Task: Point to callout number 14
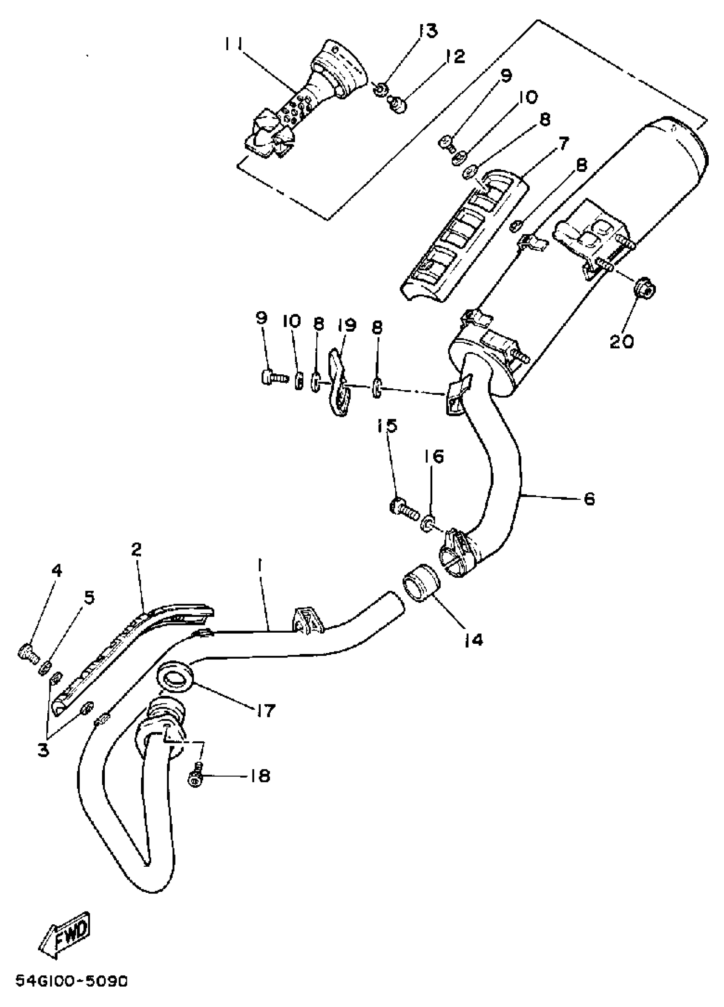pos(473,640)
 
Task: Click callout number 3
pos(43,750)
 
